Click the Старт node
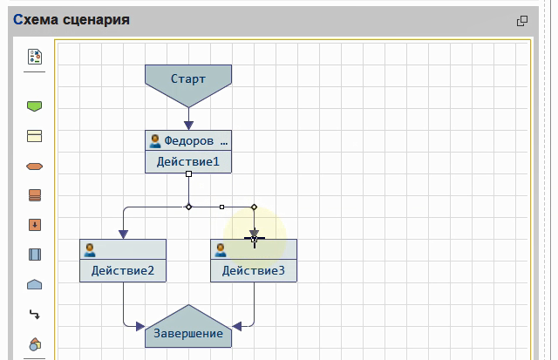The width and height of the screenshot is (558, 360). click(188, 79)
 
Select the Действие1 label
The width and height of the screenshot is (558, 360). click(188, 162)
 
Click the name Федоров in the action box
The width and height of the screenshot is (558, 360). click(189, 140)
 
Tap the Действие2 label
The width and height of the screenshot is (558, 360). click(123, 270)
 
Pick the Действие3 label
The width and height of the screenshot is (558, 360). click(254, 270)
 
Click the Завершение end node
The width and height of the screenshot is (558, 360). click(188, 332)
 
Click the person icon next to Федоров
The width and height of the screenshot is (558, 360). click(155, 140)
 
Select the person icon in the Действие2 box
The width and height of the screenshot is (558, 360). click(90, 249)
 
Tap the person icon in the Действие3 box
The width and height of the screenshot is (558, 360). click(221, 249)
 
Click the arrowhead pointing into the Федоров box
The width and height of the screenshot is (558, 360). click(188, 125)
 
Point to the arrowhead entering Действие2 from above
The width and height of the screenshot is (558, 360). click(123, 234)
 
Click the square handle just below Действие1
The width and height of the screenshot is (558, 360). click(188, 175)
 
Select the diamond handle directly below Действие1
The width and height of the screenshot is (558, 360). click(188, 207)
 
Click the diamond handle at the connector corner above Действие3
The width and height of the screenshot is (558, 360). click(254, 207)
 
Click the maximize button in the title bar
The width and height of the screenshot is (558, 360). click(522, 20)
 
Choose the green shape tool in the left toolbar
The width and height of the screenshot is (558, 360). click(35, 106)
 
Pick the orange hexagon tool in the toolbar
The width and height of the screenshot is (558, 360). click(35, 166)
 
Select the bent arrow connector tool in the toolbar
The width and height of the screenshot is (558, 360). click(35, 314)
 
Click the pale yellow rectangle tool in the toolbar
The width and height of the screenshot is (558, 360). click(35, 136)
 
